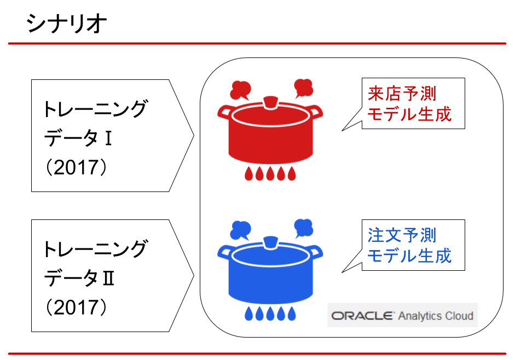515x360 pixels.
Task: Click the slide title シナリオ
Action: tap(67, 24)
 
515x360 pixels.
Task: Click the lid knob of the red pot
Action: tap(271, 102)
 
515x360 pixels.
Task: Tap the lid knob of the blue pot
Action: tap(271, 243)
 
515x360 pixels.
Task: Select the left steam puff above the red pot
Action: tap(240, 90)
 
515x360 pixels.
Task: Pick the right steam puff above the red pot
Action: tap(303, 88)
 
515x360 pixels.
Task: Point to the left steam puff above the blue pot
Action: tap(240, 230)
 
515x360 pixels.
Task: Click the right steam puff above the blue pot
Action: tap(303, 228)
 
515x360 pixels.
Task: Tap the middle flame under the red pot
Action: tap(270, 174)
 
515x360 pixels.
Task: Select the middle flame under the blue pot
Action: tap(270, 313)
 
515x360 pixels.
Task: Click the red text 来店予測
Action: tap(402, 94)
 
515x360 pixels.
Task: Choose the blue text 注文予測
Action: tap(402, 235)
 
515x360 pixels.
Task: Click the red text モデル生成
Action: tap(409, 114)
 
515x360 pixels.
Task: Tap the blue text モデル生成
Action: tap(409, 256)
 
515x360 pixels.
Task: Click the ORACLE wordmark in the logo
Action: tap(362, 316)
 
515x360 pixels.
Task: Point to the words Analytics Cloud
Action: tap(436, 316)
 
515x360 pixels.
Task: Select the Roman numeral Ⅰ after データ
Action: tap(108, 138)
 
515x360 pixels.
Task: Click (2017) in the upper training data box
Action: tap(76, 167)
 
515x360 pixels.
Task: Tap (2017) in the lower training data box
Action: tap(76, 307)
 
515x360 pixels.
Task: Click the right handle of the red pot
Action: tap(315, 111)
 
